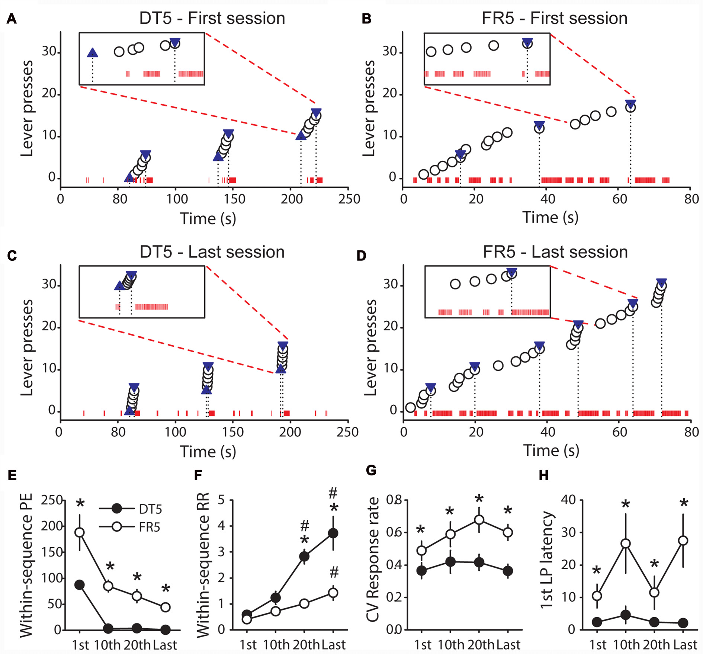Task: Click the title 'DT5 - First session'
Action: (x=212, y=18)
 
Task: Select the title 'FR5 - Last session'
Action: (x=555, y=252)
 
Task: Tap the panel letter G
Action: (x=371, y=471)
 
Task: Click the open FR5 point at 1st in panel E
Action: (x=80, y=532)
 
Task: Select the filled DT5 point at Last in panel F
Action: (x=333, y=533)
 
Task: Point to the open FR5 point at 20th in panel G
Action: (x=479, y=519)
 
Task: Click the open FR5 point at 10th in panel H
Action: (x=626, y=544)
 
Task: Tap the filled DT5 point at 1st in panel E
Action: (x=80, y=584)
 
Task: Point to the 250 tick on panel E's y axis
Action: (x=51, y=500)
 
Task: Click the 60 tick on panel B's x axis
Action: (x=620, y=199)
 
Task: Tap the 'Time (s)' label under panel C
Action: (x=208, y=451)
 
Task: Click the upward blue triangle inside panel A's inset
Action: (x=93, y=53)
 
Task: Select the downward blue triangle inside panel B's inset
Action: (x=527, y=42)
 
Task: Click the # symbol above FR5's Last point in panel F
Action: (x=334, y=572)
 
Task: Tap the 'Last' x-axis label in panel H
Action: (x=686, y=645)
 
